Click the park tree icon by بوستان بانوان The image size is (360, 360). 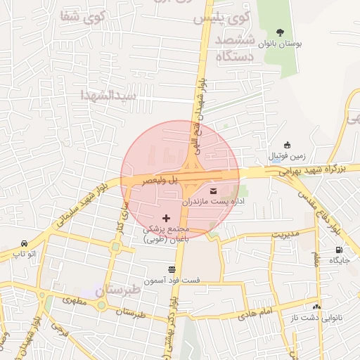(281, 32)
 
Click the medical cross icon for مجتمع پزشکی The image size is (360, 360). (166, 219)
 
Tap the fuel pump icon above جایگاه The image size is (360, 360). (340, 250)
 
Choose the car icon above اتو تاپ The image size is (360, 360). (25, 242)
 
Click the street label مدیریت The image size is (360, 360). (285, 233)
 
